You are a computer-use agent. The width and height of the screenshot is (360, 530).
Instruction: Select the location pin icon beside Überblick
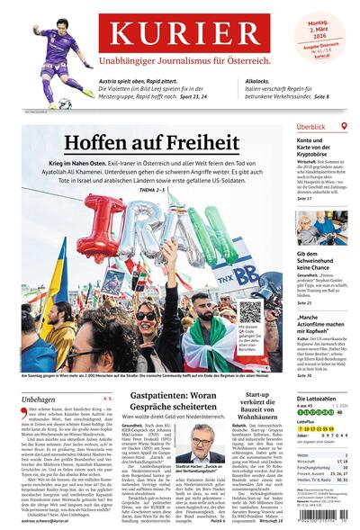[x=345, y=127]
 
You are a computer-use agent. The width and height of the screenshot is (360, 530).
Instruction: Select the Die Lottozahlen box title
[x=321, y=397]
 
